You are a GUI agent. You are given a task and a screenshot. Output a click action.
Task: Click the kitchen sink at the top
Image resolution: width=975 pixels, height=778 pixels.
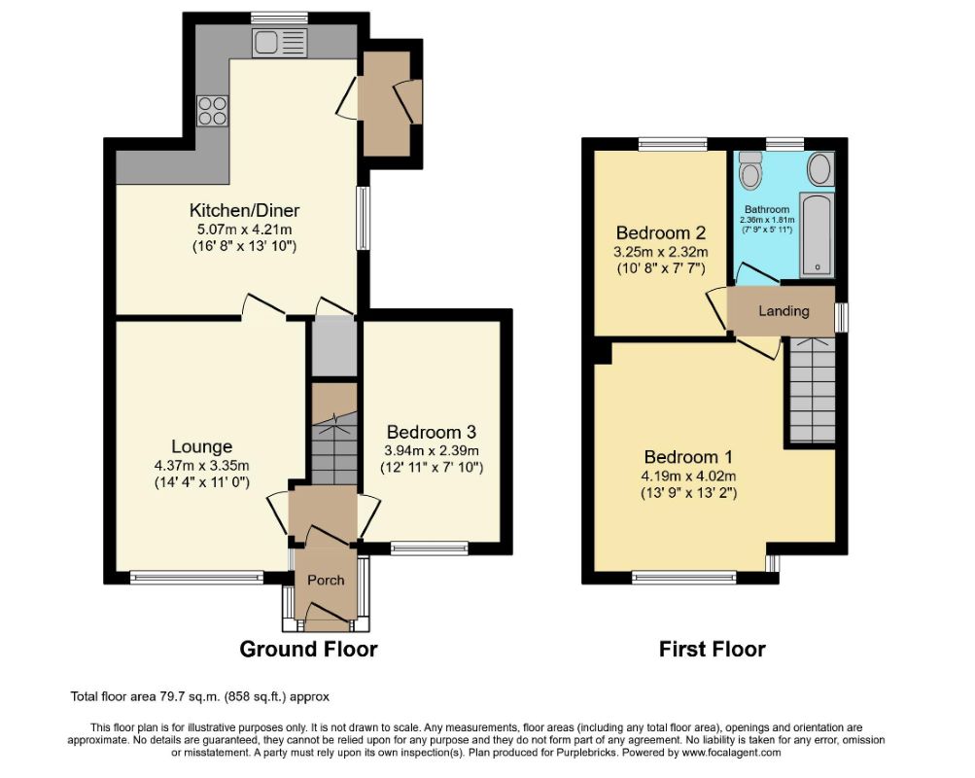279,43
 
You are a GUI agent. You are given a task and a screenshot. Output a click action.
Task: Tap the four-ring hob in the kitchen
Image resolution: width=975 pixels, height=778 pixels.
213,111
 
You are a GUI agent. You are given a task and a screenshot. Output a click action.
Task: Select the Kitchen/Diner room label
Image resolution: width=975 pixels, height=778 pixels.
244,210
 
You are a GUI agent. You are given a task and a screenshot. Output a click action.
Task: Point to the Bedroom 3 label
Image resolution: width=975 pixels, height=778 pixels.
432,432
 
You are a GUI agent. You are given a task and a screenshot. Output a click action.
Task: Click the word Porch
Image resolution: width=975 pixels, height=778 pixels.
326,580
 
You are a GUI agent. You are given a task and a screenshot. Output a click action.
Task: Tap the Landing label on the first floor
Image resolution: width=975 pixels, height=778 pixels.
783,311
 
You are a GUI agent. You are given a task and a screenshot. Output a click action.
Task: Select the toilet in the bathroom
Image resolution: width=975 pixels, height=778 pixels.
750,168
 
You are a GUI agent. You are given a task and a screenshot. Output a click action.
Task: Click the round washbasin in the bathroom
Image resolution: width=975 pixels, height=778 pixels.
820,168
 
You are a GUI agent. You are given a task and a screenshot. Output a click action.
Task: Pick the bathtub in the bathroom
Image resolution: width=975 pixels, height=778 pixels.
817,235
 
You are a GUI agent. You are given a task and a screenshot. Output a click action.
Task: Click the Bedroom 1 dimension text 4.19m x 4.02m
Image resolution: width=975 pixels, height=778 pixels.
688,477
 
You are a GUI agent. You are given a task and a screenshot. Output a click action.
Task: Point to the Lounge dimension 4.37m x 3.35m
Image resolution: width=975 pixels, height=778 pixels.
201,465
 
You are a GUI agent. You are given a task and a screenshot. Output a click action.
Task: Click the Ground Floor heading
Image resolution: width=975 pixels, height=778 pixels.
308,650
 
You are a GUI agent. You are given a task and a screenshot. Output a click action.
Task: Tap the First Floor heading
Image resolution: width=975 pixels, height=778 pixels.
712,650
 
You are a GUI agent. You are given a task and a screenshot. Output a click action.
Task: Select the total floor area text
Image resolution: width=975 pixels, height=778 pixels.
199,696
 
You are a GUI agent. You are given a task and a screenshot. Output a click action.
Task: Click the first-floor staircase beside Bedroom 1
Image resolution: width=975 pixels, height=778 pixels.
812,390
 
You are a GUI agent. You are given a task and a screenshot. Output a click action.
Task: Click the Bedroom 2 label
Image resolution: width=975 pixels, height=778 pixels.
660,233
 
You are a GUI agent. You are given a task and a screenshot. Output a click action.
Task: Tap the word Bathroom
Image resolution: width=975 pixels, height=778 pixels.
767,210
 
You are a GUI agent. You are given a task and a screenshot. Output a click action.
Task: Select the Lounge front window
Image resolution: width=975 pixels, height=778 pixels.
197,578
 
